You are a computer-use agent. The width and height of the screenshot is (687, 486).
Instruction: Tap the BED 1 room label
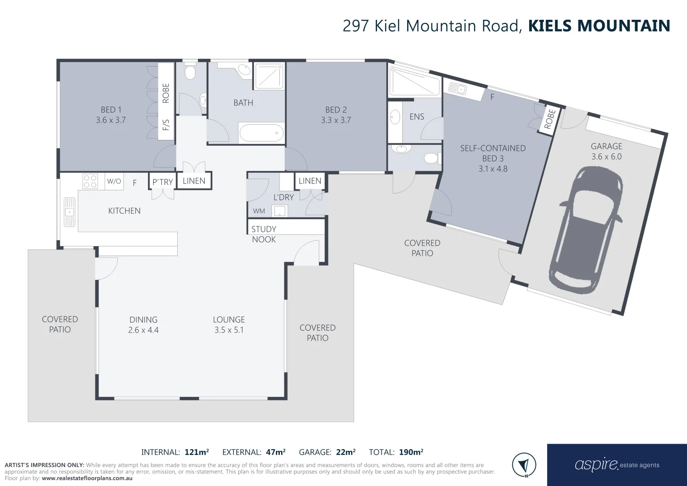point(111,115)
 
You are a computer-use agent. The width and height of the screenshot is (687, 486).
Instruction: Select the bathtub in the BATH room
point(261,133)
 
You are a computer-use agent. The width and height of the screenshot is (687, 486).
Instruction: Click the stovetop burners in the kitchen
point(90,181)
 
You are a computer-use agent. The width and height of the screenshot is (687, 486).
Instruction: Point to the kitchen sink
point(69,212)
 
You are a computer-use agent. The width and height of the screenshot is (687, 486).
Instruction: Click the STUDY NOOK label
point(264,234)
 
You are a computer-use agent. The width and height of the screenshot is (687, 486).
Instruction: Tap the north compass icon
point(524,464)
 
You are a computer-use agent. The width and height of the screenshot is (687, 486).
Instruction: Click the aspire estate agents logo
point(617,465)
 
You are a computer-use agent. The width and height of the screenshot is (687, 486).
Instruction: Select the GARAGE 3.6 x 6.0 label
point(606,151)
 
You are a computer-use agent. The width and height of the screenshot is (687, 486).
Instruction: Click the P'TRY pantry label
point(162,182)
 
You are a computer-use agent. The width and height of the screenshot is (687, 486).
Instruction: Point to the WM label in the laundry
point(259,211)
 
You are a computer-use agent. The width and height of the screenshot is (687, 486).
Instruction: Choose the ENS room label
point(417,117)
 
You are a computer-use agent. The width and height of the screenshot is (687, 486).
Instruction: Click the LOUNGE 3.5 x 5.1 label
point(229,324)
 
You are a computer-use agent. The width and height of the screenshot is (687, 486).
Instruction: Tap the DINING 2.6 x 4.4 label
point(144,324)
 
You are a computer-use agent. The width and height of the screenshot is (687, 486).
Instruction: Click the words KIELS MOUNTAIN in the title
point(599,26)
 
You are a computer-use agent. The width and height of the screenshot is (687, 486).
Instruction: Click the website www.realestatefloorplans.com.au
point(87,478)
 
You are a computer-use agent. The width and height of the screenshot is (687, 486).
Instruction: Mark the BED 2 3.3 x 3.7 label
point(336,115)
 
